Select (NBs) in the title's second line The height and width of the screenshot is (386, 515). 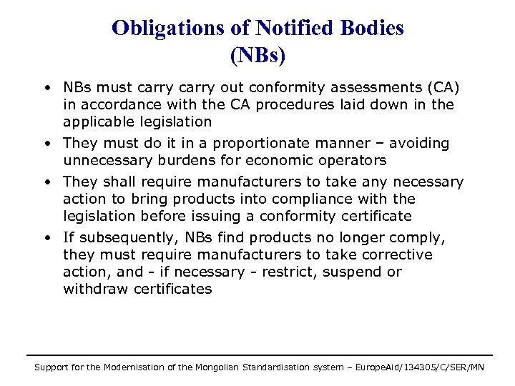(257, 55)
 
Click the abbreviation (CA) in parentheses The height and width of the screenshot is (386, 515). (444, 88)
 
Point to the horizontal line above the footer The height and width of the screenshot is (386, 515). (259, 355)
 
